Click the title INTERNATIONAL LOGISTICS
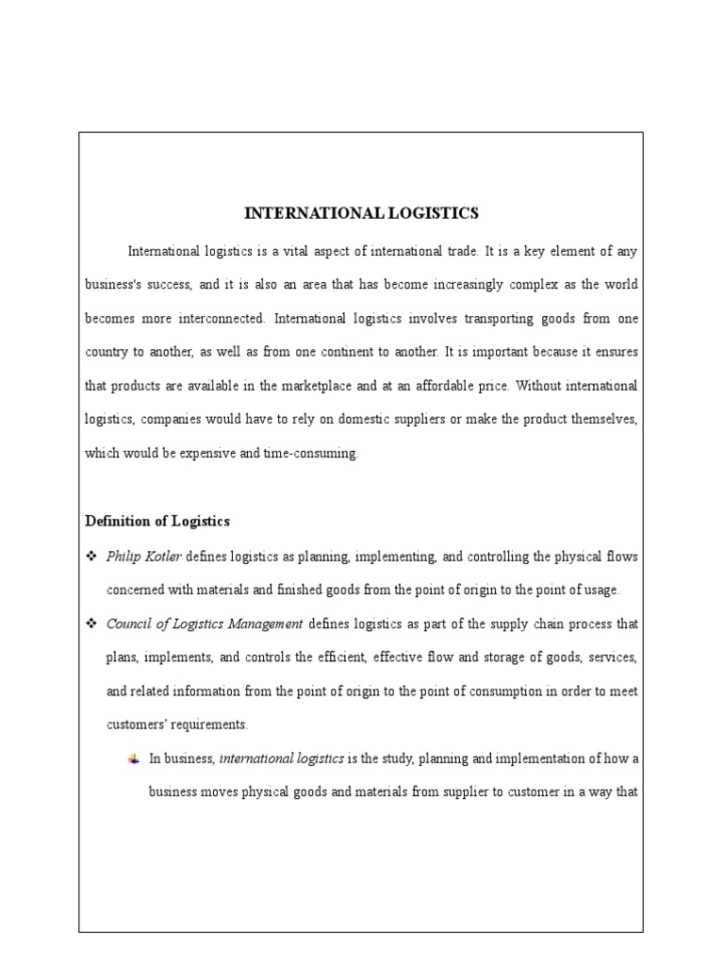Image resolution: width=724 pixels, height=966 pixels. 361,213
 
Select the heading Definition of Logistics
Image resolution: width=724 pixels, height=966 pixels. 157,521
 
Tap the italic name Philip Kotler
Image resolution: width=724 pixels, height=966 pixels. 143,557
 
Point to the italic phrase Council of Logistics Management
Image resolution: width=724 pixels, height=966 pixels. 205,624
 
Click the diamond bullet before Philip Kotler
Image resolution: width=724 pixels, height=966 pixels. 92,557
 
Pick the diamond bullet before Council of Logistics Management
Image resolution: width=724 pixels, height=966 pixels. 92,624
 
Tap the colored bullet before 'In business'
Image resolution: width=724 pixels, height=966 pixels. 134,758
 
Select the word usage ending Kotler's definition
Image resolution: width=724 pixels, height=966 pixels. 600,591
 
